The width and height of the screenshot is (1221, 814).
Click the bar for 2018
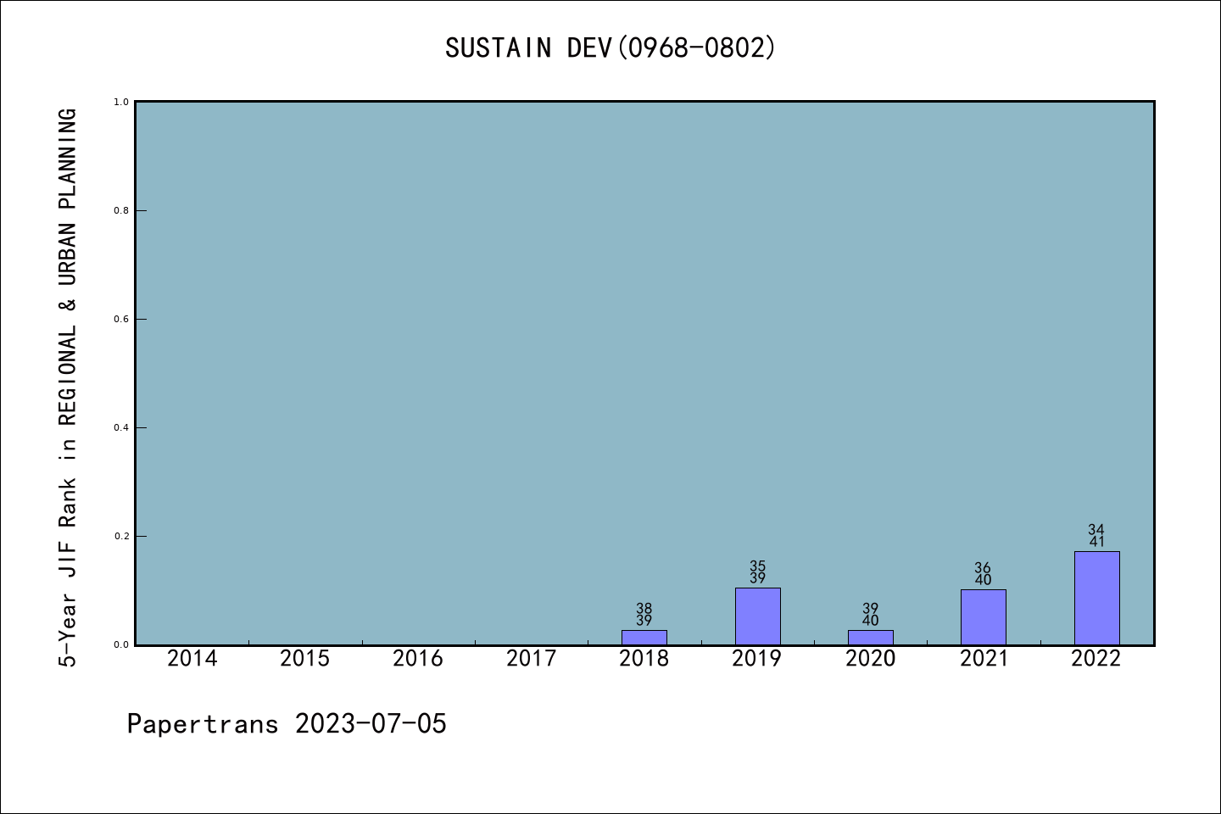(x=644, y=637)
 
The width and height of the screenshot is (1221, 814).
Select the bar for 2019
(x=757, y=616)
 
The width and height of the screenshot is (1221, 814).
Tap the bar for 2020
(x=870, y=637)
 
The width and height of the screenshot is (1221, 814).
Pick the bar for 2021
(x=983, y=617)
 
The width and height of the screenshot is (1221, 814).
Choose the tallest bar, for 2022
(x=1096, y=598)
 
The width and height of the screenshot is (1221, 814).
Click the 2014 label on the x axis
(x=192, y=659)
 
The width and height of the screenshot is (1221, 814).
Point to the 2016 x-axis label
(x=418, y=659)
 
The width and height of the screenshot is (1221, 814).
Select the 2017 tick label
(x=531, y=659)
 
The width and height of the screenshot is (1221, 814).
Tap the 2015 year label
(x=304, y=659)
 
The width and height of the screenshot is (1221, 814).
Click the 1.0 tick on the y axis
(x=121, y=102)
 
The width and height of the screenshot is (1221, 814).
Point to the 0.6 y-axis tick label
(x=121, y=319)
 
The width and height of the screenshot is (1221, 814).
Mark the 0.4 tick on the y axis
(x=121, y=427)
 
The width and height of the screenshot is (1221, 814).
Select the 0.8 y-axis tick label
(x=121, y=210)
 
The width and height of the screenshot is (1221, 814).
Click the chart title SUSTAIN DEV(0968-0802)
(x=610, y=47)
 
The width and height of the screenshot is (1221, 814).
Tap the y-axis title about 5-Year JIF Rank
(x=68, y=387)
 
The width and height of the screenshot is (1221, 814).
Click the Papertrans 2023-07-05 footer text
(x=287, y=724)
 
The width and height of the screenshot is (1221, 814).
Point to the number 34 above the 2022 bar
(x=1096, y=530)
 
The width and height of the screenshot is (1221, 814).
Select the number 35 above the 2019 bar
(x=757, y=566)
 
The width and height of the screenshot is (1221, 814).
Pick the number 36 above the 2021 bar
(x=983, y=568)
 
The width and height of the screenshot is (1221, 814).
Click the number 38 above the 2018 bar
(x=644, y=609)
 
